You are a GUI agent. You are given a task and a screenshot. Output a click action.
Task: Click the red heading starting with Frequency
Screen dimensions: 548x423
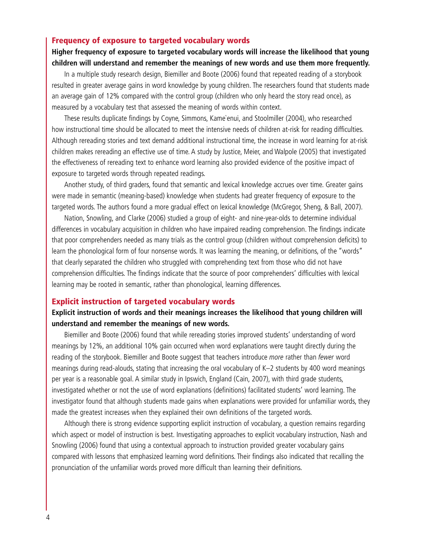[x=150, y=41]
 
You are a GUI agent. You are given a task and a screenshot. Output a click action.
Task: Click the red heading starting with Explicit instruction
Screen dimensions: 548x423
[x=143, y=302]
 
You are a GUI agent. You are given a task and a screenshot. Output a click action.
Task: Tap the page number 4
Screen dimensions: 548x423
[x=48, y=517]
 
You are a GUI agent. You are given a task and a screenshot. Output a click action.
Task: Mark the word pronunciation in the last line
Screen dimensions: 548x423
[x=72, y=468]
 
